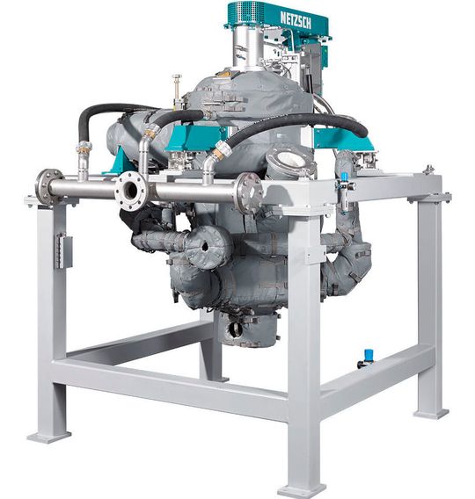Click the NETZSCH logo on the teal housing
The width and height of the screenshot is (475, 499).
[x=296, y=20]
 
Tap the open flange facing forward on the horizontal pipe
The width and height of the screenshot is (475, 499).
[x=131, y=191]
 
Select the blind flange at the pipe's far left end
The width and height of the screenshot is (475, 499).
[x=48, y=186]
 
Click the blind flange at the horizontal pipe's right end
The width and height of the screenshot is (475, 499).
[x=250, y=193]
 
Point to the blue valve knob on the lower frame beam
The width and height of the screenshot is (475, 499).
[x=369, y=353]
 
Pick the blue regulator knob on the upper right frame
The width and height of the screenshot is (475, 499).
[x=343, y=176]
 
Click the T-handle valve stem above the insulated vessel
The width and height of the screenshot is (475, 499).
[x=176, y=89]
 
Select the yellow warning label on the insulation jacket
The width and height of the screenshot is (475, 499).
[x=223, y=75]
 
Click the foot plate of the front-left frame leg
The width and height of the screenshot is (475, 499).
[x=48, y=437]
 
